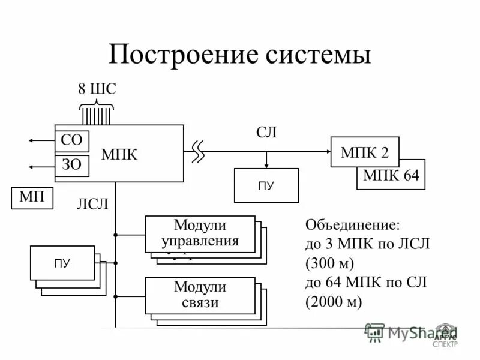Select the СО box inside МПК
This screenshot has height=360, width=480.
tap(71, 142)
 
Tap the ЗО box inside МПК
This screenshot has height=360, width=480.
tap(71, 166)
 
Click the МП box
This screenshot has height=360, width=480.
tap(32, 197)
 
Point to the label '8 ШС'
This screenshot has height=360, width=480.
tap(97, 89)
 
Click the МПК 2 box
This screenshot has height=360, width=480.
tap(365, 152)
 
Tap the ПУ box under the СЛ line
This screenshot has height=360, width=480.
tap(266, 185)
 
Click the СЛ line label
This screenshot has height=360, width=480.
tap(266, 132)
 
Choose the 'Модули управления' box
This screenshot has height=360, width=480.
tap(200, 233)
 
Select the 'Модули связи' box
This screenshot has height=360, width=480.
tap(200, 294)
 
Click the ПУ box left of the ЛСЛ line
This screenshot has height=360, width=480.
tap(62, 263)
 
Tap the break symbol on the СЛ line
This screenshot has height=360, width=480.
tap(198, 152)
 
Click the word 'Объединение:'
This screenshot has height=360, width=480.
tap(352, 226)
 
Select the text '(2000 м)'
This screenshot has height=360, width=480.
tap(334, 302)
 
